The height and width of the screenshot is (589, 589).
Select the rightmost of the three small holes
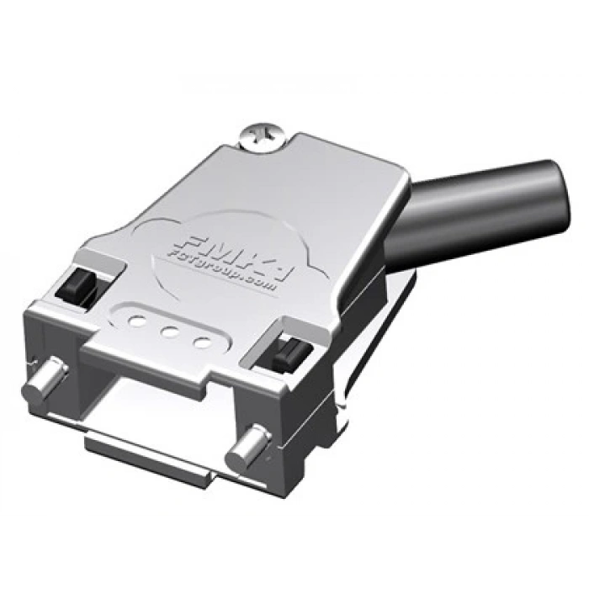point(201,342)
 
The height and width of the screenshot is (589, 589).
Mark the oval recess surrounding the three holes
point(168,328)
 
